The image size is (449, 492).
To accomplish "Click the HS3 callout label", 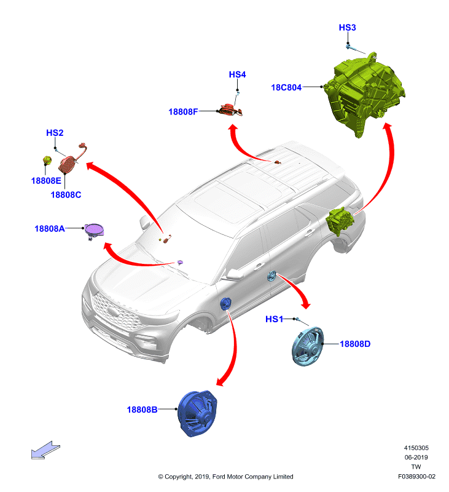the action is pos(347,28).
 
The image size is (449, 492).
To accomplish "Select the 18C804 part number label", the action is pos(286,87).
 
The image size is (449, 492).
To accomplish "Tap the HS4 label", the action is pos(237,74).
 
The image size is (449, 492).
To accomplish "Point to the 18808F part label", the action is pos(183,112).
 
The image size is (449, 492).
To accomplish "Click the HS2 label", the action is pos(55,133).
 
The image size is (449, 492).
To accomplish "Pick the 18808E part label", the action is pos(46,181).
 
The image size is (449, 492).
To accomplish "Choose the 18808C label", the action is pos(66,195).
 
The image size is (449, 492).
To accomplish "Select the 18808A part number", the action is pos(50,229).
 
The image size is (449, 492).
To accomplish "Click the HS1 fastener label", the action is pos(274,319).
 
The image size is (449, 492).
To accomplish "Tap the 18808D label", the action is pos(355,344).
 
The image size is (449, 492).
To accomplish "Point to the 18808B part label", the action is pos(142,410).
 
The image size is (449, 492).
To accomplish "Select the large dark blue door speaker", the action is pos(197,413).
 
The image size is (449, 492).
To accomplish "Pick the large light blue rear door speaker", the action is pos(308,346).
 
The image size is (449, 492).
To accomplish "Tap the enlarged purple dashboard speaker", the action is pos(94,231).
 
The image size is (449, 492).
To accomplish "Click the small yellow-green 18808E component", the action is pos(47,161).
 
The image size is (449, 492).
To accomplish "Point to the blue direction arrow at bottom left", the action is pos(45,450).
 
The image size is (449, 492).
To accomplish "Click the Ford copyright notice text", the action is pos(225,477).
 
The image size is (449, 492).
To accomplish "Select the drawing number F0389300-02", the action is pos(416,477).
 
